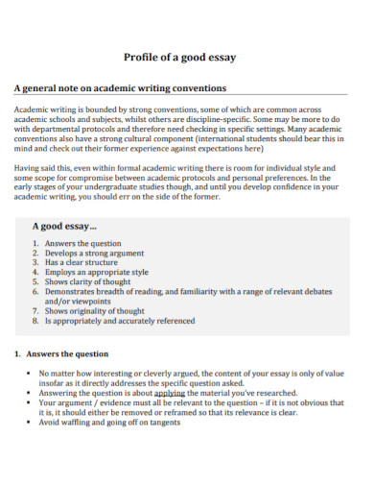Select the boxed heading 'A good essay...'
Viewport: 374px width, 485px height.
(x=65, y=226)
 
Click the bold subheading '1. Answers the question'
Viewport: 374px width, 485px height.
(x=67, y=353)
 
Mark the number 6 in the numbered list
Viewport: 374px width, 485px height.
(x=35, y=292)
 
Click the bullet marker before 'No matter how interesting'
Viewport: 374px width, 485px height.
(x=30, y=373)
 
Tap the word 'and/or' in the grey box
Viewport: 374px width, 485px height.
(x=59, y=302)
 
